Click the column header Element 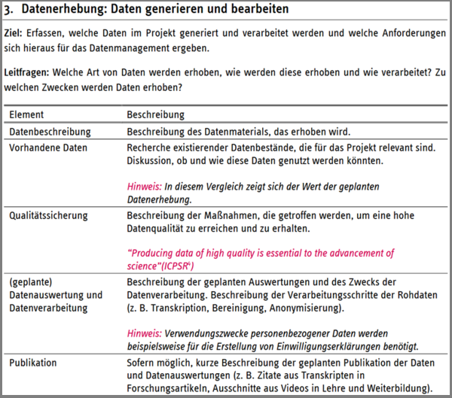click(x=26, y=115)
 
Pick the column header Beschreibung click(x=155, y=115)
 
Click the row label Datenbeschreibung click(x=50, y=132)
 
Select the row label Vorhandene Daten click(x=47, y=147)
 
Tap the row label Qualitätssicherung click(x=48, y=214)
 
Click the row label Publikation click(x=32, y=363)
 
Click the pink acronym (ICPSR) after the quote click(x=174, y=266)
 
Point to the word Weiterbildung click(x=399, y=388)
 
